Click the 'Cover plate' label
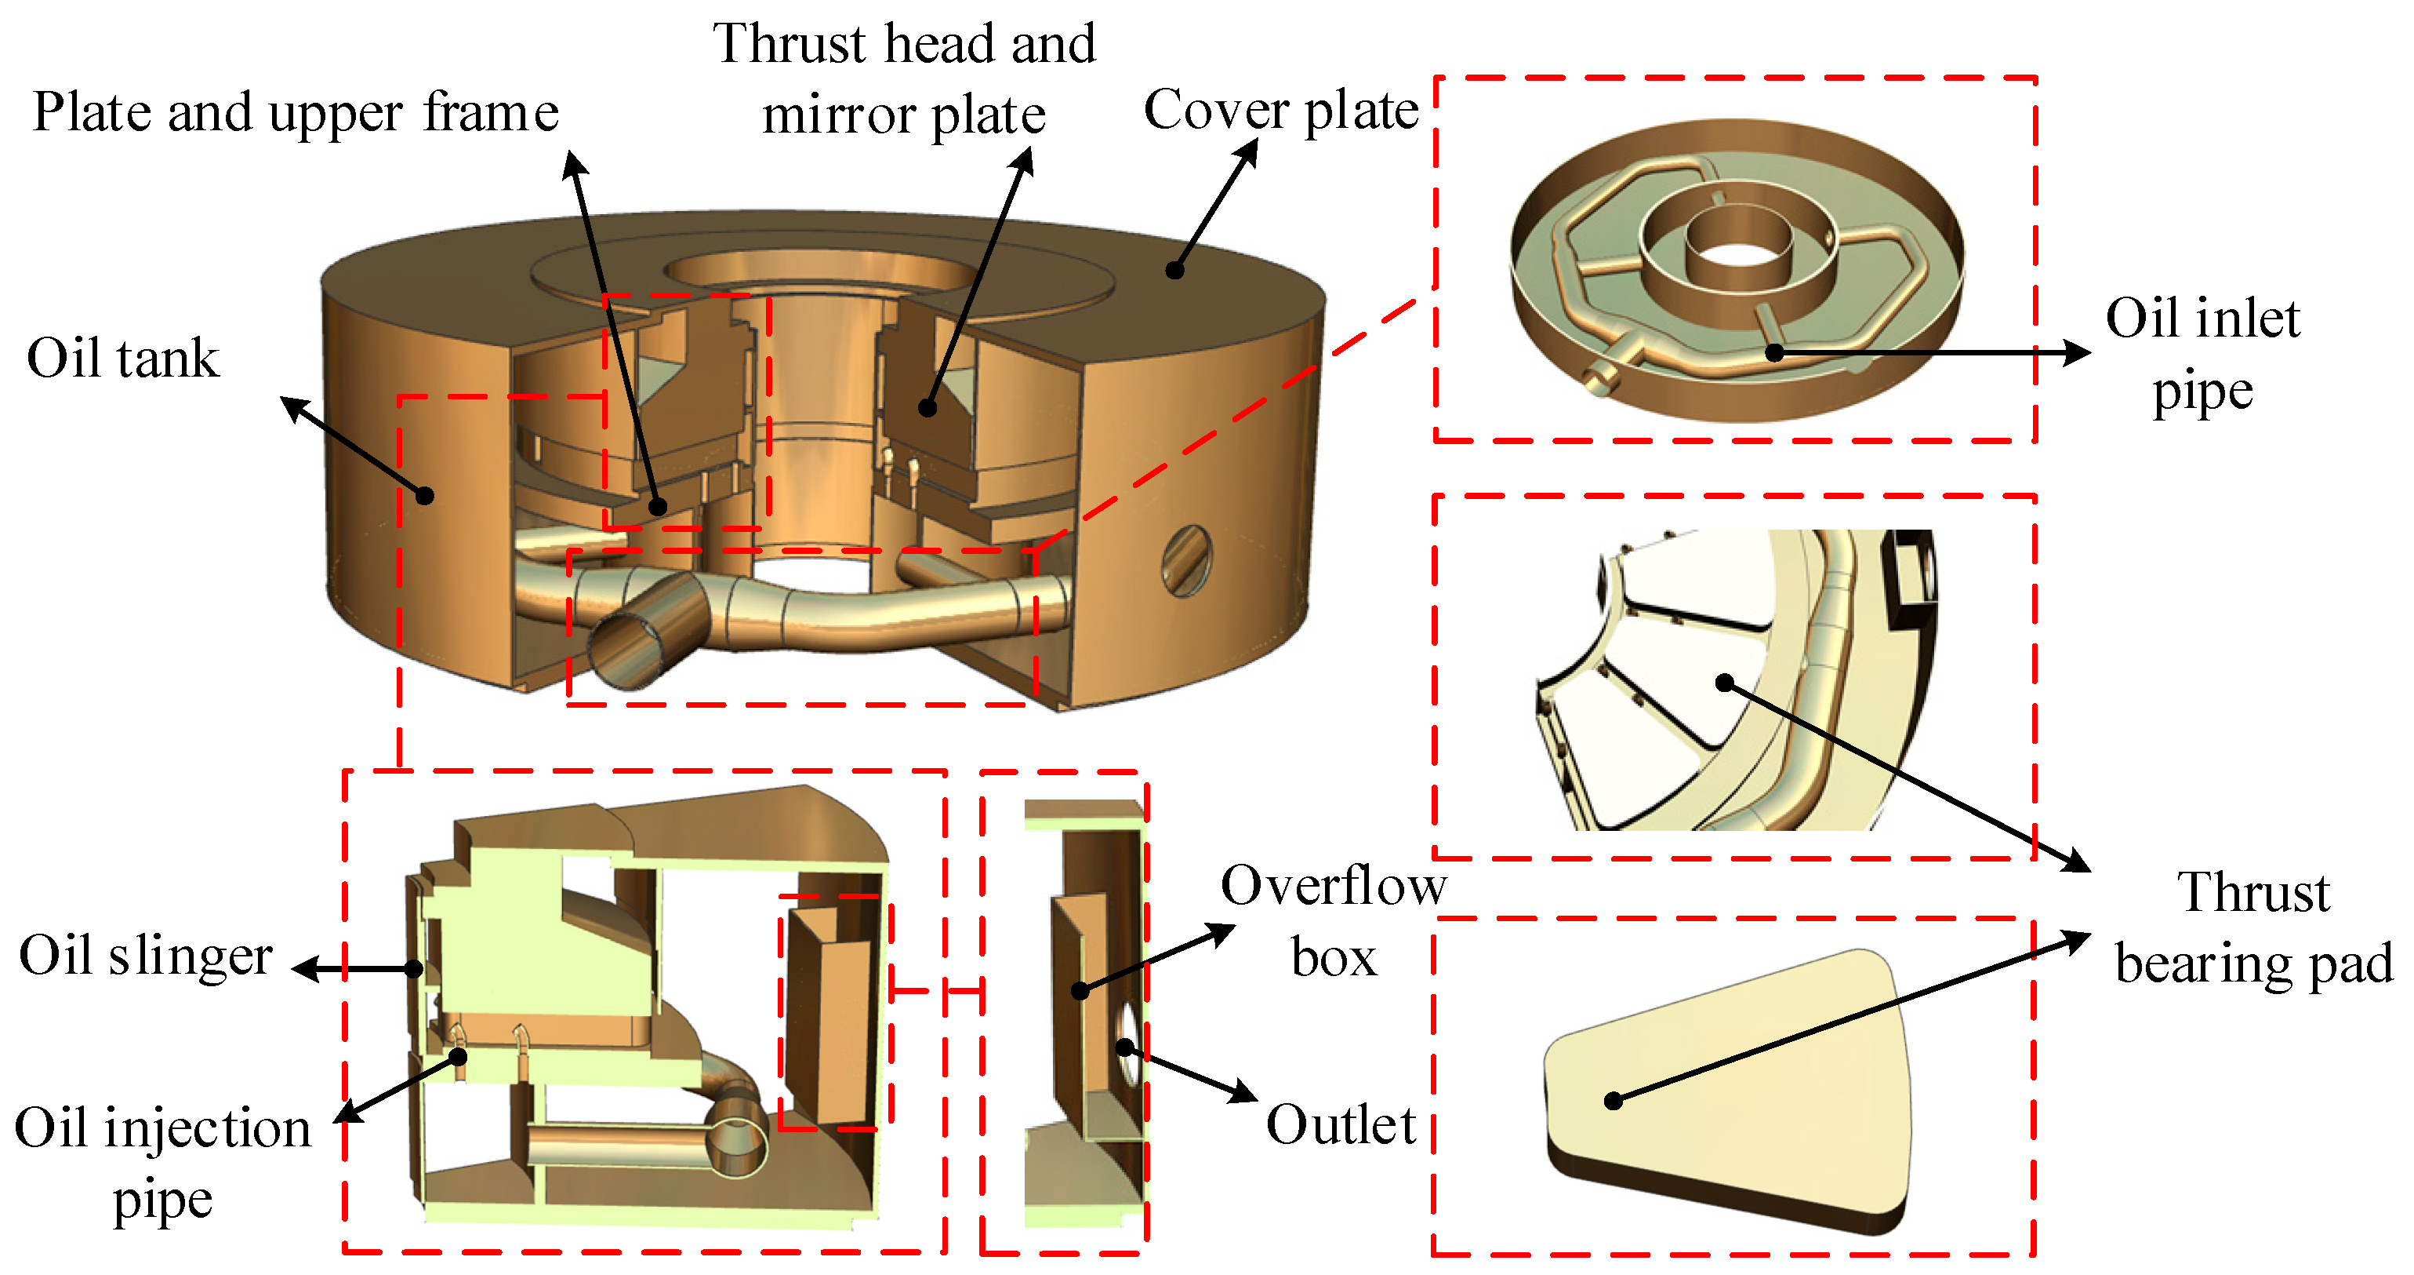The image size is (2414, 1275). click(1280, 111)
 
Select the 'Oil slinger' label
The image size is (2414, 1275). click(145, 956)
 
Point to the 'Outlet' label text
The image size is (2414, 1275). click(1340, 1125)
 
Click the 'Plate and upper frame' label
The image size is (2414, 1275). click(296, 112)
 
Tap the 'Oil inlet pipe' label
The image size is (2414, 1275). click(2202, 355)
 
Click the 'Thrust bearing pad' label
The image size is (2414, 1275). click(2254, 928)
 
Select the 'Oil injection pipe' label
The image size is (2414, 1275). click(162, 1163)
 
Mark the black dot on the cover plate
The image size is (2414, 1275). click(1174, 270)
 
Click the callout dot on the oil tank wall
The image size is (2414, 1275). click(424, 495)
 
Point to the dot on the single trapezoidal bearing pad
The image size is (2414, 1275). click(1613, 1101)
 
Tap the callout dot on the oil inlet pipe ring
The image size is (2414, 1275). click(1774, 353)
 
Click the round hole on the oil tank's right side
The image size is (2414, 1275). click(1186, 561)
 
